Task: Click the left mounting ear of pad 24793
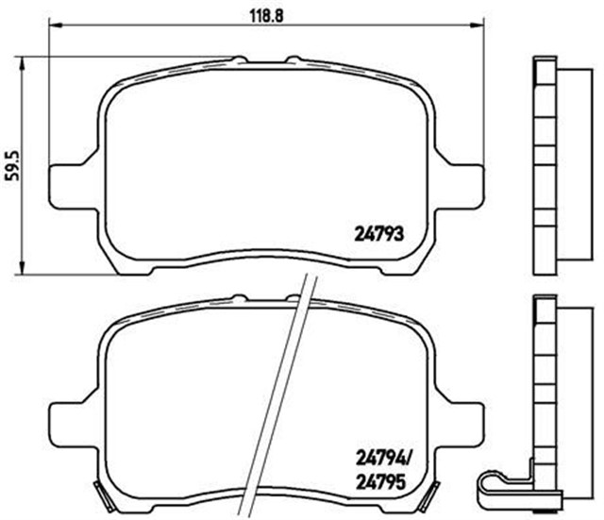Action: (72, 182)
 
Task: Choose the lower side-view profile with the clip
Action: (547, 396)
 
